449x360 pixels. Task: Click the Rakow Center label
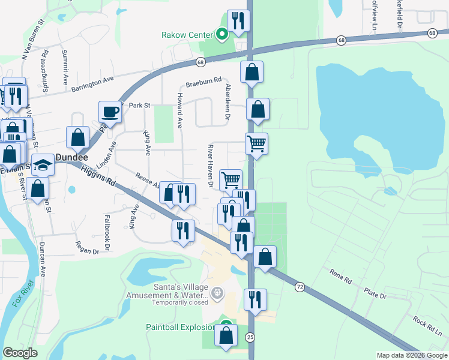coord(187,35)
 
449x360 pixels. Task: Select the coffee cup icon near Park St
coord(109,112)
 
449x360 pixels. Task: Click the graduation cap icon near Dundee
coord(43,164)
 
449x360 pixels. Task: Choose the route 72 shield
coord(299,288)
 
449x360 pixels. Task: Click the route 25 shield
coord(250,338)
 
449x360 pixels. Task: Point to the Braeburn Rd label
coord(203,82)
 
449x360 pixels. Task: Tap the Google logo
coord(21,353)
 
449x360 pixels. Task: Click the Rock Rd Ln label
coord(427,327)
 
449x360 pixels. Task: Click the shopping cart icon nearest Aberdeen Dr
coord(256,144)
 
